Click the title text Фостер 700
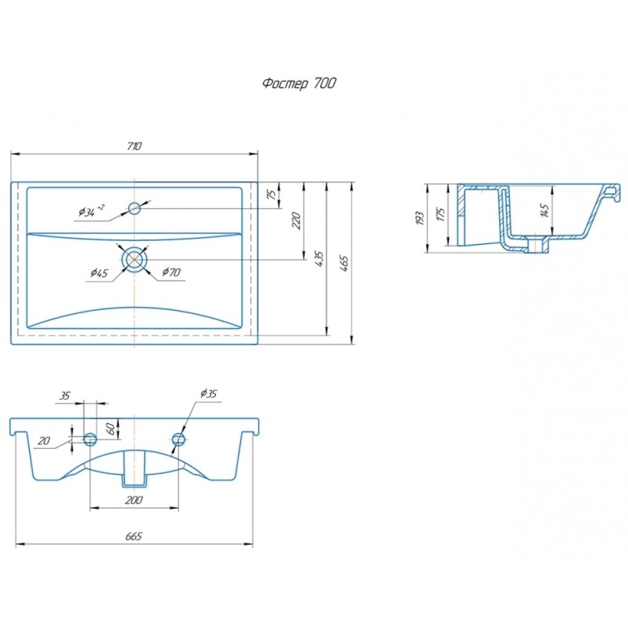pyautogui.click(x=299, y=83)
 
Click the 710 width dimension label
pyautogui.click(x=134, y=146)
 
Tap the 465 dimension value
pyautogui.click(x=344, y=264)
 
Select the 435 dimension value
pyautogui.click(x=319, y=259)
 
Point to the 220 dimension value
pyautogui.click(x=297, y=221)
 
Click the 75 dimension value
pyautogui.click(x=272, y=195)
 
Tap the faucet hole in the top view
pyautogui.click(x=134, y=208)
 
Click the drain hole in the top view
pyautogui.click(x=134, y=260)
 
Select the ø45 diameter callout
pyautogui.click(x=99, y=273)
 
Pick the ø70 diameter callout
pyautogui.click(x=171, y=272)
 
